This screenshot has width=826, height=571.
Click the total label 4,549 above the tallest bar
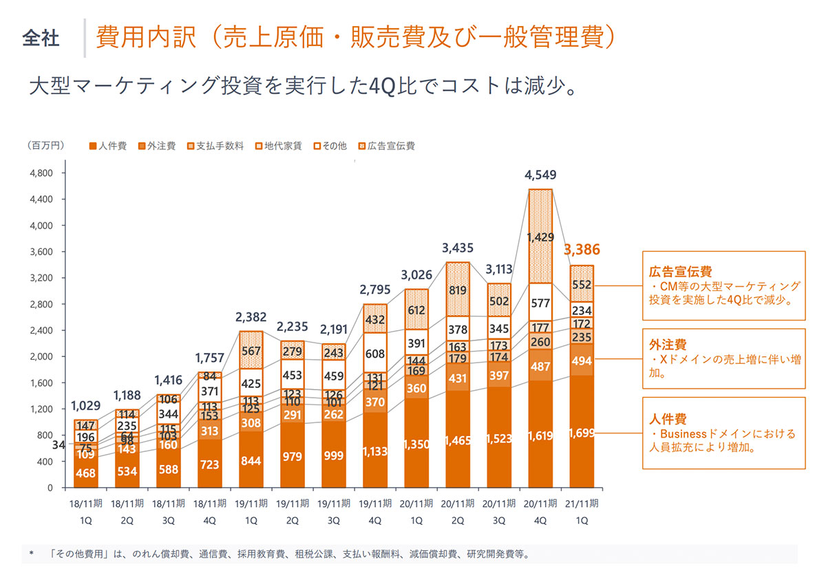(x=540, y=175)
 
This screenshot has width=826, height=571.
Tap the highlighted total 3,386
(x=582, y=250)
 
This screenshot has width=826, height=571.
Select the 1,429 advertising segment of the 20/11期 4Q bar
(x=540, y=237)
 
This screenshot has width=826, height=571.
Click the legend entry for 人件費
(x=108, y=146)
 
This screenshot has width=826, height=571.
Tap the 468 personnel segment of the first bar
(x=86, y=473)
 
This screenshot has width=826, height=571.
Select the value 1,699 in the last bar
(x=582, y=433)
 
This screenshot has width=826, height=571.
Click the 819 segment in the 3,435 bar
(x=458, y=291)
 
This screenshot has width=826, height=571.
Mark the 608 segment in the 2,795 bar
(x=375, y=354)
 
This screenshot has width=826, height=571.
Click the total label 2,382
(x=251, y=317)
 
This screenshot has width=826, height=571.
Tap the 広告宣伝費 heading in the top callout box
(x=676, y=270)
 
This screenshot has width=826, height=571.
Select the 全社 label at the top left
(x=41, y=38)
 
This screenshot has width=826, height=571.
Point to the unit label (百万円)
(x=45, y=146)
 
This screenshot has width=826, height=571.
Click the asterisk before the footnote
(x=31, y=554)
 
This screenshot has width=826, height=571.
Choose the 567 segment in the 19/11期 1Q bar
(x=251, y=351)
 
